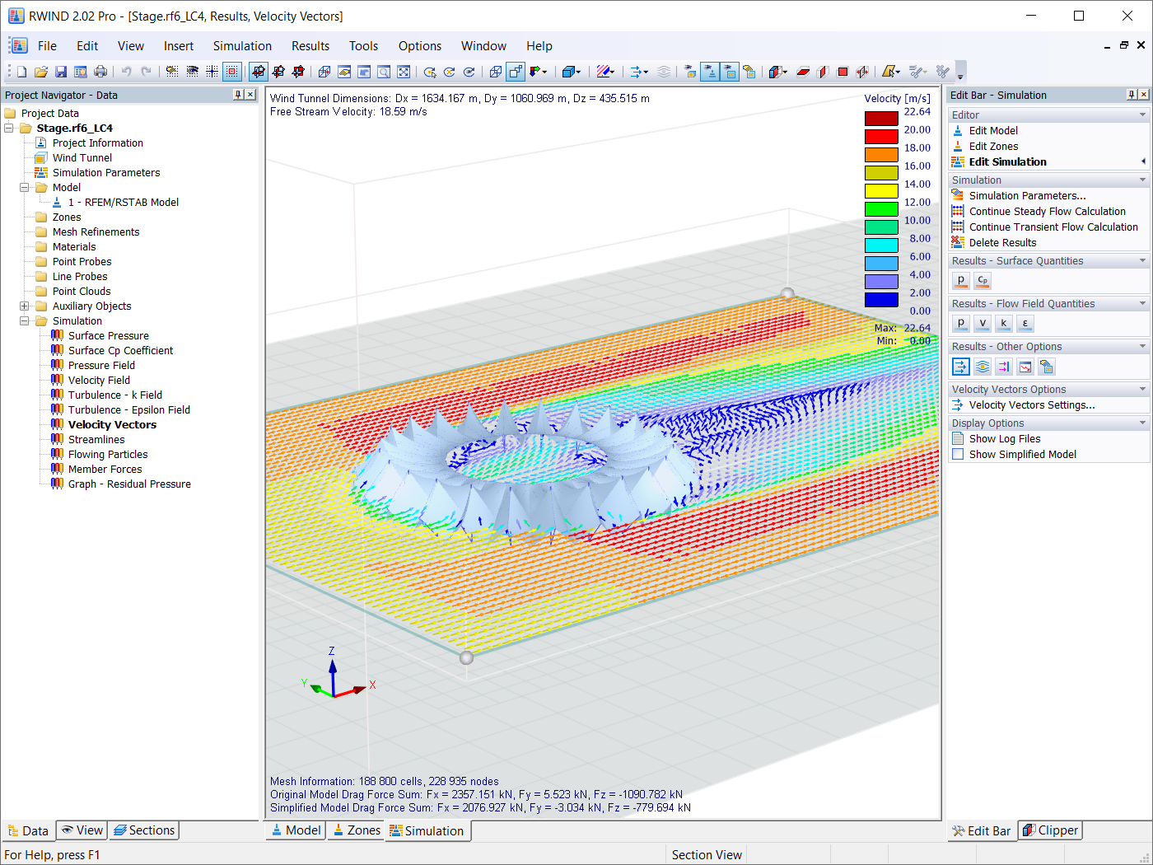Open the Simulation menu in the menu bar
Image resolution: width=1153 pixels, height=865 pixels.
point(241,46)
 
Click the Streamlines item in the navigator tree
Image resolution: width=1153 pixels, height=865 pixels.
point(96,439)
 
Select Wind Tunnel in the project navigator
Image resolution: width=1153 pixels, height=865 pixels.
point(82,157)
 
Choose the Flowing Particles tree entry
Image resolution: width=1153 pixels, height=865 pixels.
point(108,454)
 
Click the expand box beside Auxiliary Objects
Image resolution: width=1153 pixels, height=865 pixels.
point(25,306)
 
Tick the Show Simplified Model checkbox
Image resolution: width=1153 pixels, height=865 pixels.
point(958,454)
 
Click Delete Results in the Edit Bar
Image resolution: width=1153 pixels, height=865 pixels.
point(1002,242)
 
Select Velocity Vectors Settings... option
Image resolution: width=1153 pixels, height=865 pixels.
point(1031,404)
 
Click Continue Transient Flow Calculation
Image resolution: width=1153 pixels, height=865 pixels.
point(1053,227)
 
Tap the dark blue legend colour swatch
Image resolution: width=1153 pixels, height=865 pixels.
point(880,300)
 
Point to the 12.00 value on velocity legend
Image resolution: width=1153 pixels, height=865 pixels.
point(917,202)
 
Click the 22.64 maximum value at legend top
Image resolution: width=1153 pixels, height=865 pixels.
point(917,111)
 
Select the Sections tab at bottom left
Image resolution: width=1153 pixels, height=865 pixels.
point(144,830)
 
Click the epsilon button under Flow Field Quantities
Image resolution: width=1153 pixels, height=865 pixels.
point(1025,323)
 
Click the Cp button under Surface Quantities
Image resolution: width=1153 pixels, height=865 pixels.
point(982,280)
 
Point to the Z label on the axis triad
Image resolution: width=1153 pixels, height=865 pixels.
point(332,651)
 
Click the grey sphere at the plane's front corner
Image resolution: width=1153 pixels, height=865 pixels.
point(466,657)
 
